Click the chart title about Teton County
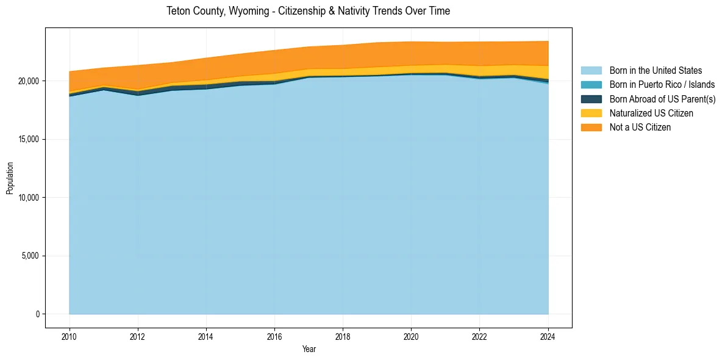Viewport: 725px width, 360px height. [x=308, y=11]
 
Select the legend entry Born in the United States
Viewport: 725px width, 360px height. [x=655, y=71]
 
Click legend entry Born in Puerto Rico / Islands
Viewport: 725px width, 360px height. [x=662, y=85]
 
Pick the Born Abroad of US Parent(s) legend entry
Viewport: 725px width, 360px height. [x=662, y=99]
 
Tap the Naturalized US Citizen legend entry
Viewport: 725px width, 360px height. [x=651, y=113]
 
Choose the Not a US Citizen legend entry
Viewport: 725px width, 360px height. [x=640, y=128]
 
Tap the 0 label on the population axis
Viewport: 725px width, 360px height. [x=37, y=314]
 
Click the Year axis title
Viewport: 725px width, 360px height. [x=309, y=349]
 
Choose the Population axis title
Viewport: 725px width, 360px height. [x=10, y=178]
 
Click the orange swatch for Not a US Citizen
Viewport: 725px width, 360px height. [x=591, y=128]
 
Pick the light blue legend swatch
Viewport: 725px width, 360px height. [x=591, y=71]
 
